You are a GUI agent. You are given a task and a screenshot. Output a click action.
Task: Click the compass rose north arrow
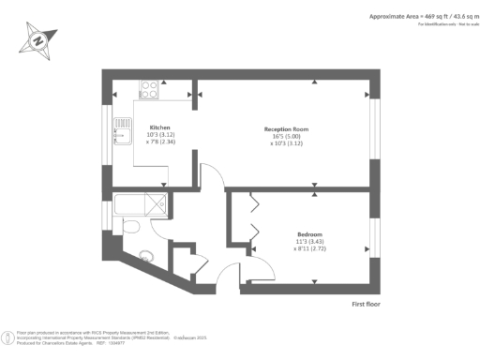click(x=37, y=41)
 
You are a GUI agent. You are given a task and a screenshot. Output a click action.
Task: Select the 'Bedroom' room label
click(x=311, y=233)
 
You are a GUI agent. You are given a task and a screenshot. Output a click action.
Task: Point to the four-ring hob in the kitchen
click(x=149, y=90)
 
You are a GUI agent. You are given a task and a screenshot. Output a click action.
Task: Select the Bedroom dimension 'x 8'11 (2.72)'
click(x=311, y=248)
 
